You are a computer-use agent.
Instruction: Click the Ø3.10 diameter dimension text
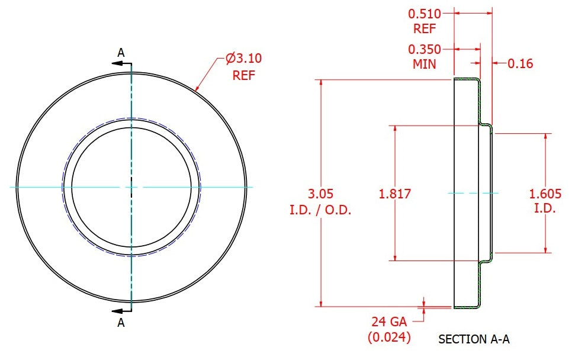244,59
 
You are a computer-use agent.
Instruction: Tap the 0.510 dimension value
425,14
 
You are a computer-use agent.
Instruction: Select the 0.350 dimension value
425,49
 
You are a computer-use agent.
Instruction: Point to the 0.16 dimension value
520,63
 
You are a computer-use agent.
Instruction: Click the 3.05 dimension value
321,194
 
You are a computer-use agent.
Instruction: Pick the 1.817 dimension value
395,194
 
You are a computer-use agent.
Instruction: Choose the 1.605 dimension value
545,194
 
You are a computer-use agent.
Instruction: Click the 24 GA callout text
389,322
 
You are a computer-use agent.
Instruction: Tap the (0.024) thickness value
389,337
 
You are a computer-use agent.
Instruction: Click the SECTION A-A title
474,339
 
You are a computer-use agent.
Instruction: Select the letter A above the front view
121,53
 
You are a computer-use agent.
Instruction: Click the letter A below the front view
121,323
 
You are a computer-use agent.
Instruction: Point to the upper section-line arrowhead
117,63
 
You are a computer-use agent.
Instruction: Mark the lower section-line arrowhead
117,311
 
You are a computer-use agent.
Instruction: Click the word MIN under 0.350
424,64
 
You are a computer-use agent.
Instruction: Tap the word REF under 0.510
425,29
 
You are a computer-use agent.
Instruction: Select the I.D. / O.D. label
320,210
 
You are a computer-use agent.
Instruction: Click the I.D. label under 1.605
545,208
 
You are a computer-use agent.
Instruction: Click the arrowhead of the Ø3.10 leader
197,88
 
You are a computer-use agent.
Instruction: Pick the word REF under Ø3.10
244,76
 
